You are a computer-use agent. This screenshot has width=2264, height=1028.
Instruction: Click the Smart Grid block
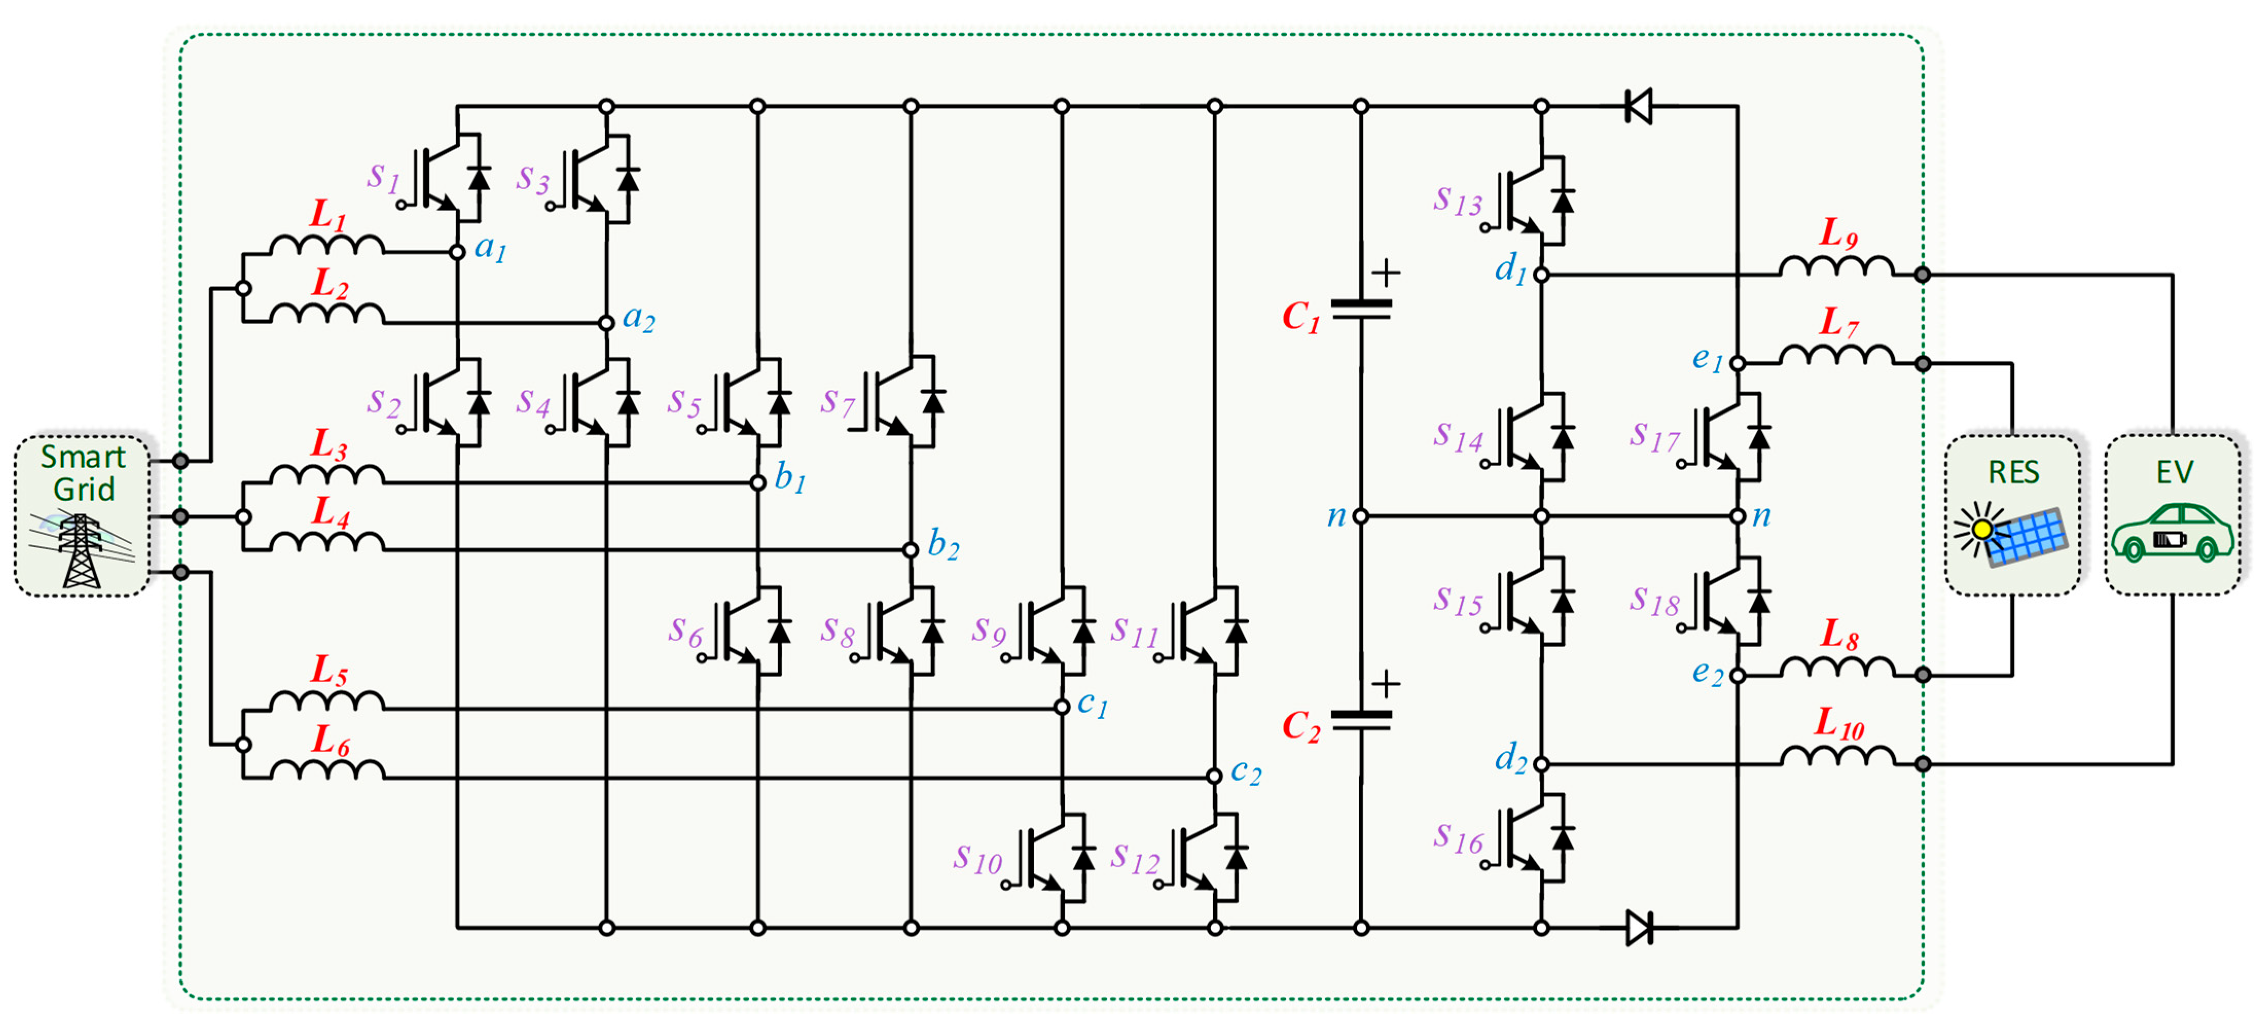click(82, 516)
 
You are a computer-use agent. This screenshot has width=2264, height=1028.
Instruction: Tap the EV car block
click(2172, 516)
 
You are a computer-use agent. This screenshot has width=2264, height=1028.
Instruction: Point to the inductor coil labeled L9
click(1836, 266)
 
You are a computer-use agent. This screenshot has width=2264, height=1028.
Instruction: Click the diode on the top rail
click(1638, 106)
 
